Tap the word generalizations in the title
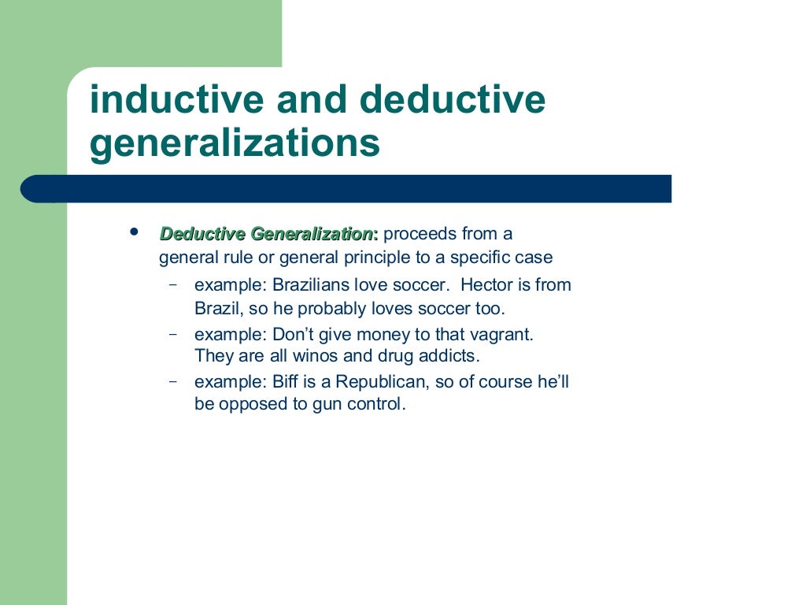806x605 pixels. pyautogui.click(x=235, y=143)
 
